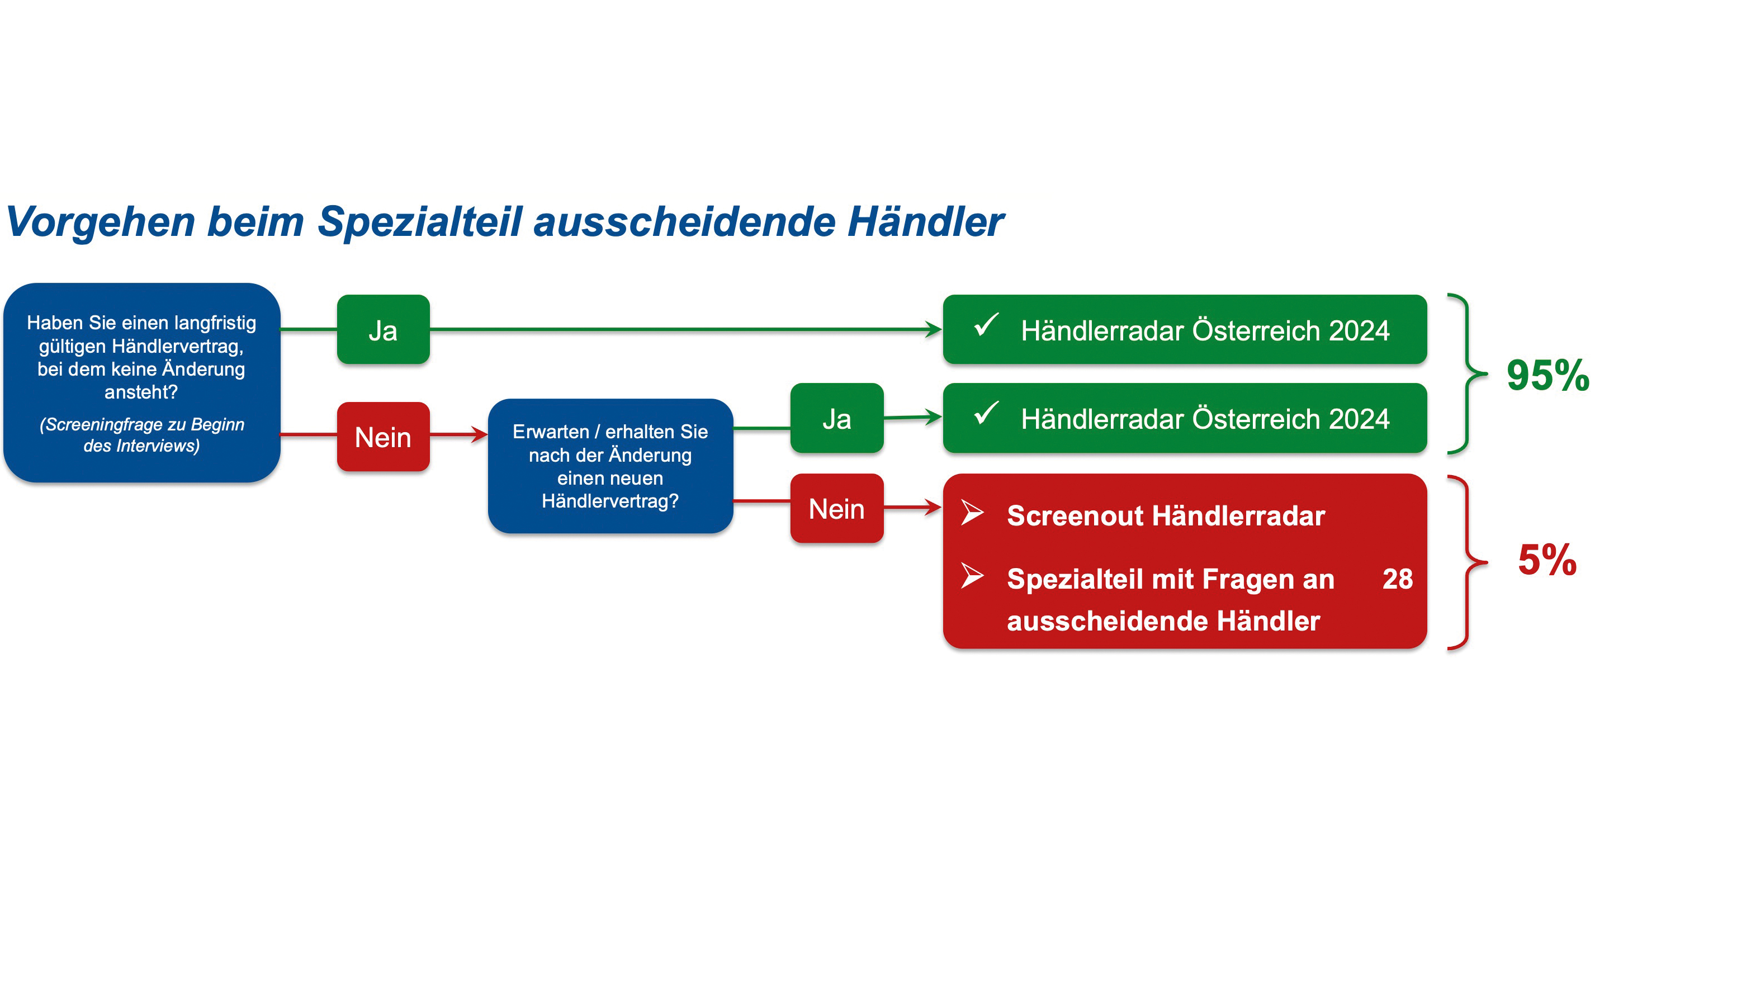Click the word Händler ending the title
(x=925, y=221)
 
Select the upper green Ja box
(x=384, y=330)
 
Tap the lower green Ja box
(x=837, y=418)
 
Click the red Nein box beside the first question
(x=384, y=437)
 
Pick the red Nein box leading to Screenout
(x=837, y=509)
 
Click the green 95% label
(x=1547, y=375)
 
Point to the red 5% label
(x=1547, y=560)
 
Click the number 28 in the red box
(x=1398, y=579)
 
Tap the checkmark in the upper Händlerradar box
(x=986, y=324)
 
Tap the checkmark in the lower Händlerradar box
(x=986, y=413)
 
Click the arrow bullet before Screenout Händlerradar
(x=973, y=513)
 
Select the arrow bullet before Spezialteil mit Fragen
(x=973, y=576)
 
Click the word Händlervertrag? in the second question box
(x=610, y=501)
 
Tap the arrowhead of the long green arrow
(x=934, y=330)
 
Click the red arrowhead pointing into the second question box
(x=479, y=434)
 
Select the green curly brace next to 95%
(x=1468, y=374)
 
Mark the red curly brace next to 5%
(x=1468, y=563)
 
